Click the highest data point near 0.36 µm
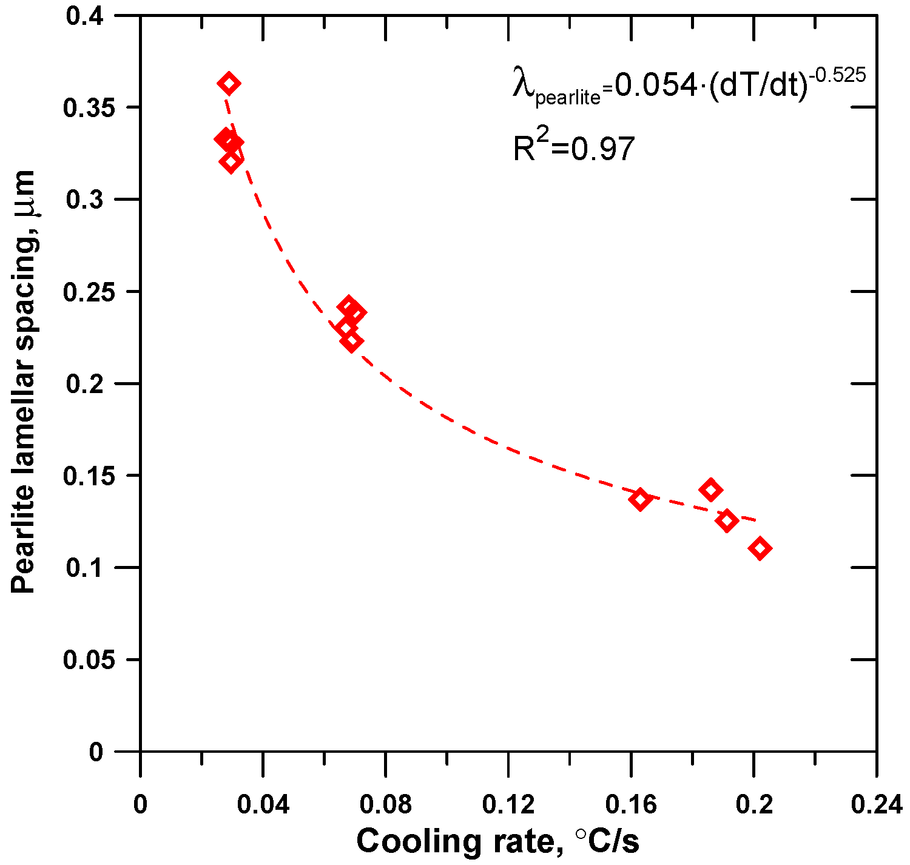pos(229,83)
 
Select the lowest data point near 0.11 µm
pos(760,548)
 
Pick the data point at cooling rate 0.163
pos(640,499)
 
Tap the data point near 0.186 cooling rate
pos(710,490)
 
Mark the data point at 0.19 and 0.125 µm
pos(727,520)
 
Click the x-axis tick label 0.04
pos(263,804)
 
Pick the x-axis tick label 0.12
pos(508,804)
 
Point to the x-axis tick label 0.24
pos(876,804)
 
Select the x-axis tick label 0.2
pos(753,804)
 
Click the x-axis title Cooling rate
pos(497,841)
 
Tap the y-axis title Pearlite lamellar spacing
pos(24,382)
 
